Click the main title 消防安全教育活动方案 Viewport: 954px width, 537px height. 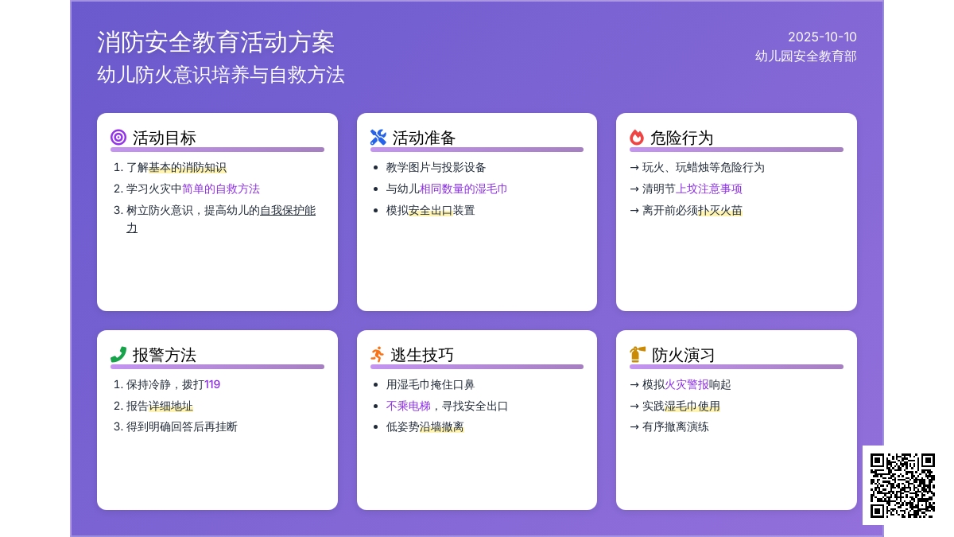point(215,42)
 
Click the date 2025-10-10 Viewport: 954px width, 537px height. point(822,37)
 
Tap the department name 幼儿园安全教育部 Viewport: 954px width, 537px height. point(805,56)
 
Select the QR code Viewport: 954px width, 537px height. point(902,485)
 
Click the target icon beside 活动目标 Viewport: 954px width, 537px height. point(118,138)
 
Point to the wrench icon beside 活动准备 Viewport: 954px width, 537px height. point(378,138)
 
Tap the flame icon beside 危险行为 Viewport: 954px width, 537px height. point(637,138)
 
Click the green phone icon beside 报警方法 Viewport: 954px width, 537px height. point(118,355)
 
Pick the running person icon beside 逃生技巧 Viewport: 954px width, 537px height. point(378,355)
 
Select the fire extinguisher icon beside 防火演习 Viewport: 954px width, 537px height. point(638,355)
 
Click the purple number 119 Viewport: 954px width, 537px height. point(212,384)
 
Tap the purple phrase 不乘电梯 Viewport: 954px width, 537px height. point(409,406)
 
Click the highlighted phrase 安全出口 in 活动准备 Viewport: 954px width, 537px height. point(430,210)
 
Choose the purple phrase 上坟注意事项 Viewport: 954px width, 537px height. point(709,189)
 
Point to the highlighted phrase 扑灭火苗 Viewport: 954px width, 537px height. point(720,210)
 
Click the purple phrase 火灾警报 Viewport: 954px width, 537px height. point(687,384)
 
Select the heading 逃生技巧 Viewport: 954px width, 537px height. point(422,355)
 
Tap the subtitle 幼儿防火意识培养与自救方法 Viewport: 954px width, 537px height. point(221,75)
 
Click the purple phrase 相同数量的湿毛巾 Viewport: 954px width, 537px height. point(463,189)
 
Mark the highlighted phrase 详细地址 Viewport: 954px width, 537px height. point(171,406)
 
